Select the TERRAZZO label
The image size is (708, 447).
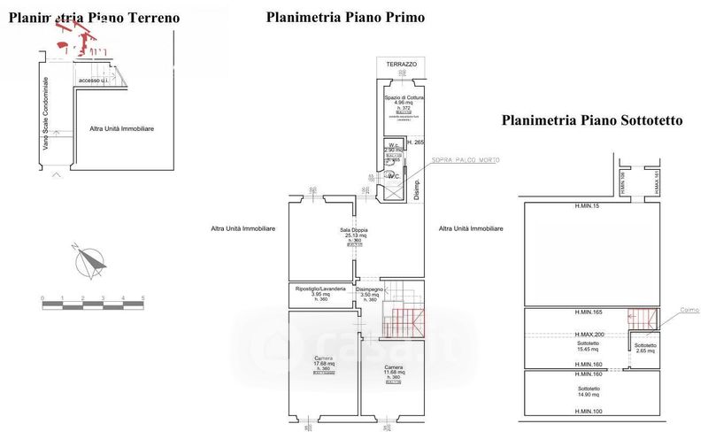tap(401, 65)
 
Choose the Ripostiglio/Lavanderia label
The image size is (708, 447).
tap(321, 289)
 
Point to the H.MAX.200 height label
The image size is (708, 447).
tap(589, 335)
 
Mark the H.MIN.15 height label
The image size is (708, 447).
tap(587, 206)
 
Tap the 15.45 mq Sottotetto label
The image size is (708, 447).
tap(589, 345)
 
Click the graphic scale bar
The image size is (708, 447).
tap(93, 305)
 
